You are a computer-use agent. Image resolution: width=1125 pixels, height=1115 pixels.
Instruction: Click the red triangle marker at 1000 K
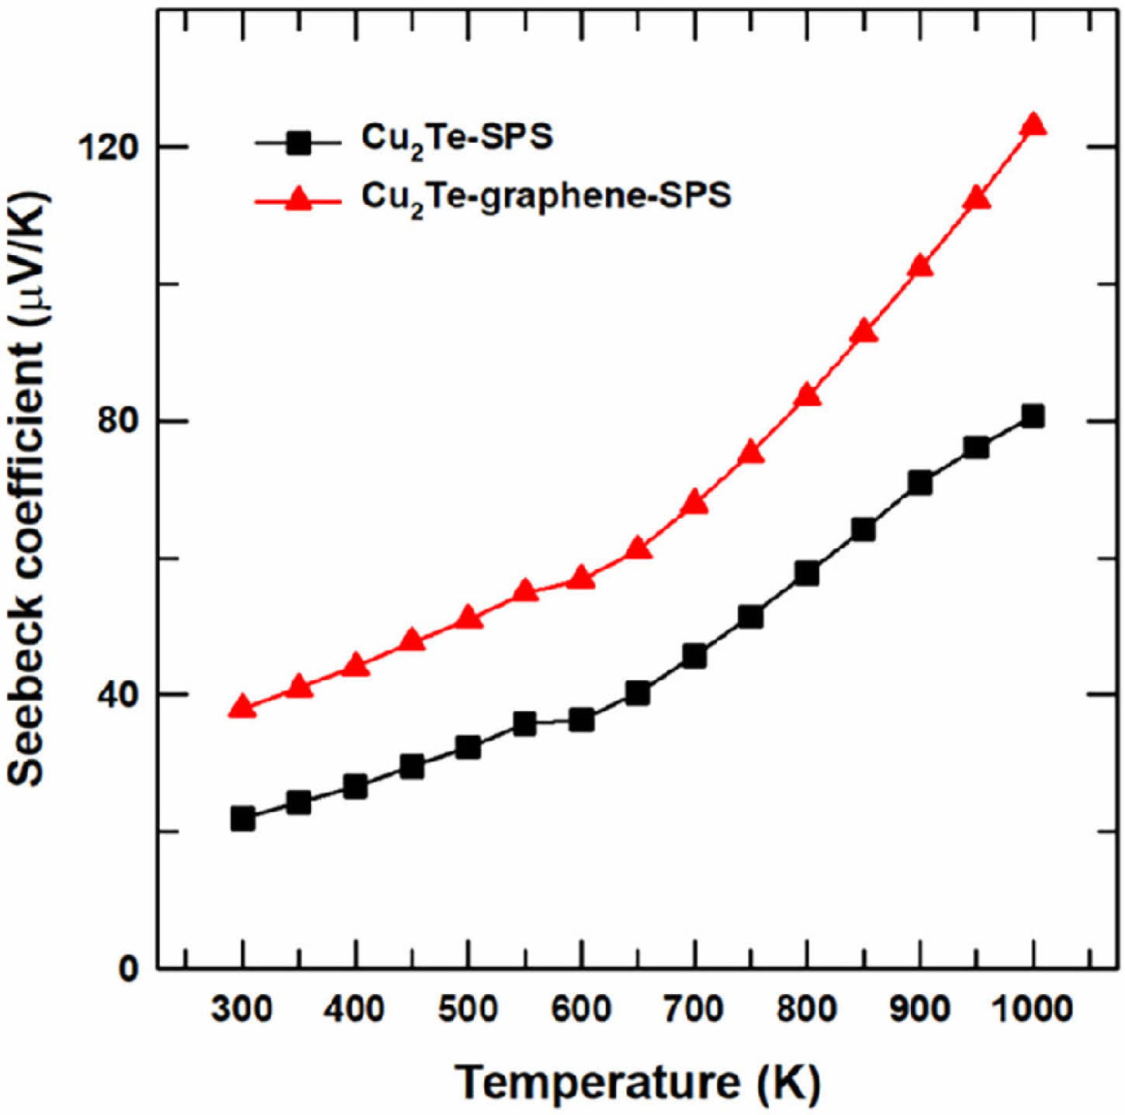tap(1033, 126)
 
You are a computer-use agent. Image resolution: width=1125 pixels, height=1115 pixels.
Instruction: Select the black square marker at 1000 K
tap(1033, 416)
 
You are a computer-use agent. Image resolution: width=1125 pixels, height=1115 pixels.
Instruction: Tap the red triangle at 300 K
tap(242, 707)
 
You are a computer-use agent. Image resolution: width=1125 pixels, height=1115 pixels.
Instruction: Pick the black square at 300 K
tap(242, 819)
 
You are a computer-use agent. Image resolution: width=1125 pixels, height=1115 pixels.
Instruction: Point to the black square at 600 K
tap(581, 720)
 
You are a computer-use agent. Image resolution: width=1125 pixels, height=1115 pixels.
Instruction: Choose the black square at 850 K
tap(864, 530)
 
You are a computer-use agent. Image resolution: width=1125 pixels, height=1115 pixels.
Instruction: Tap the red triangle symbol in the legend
tap(298, 201)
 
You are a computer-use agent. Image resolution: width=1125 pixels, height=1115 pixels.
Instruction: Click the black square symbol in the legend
tap(298, 143)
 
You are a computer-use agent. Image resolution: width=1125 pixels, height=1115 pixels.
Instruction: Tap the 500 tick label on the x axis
tap(468, 1009)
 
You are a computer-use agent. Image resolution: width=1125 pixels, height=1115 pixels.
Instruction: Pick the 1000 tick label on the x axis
tap(1032, 1009)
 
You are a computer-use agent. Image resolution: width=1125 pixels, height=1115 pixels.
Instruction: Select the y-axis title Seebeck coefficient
tap(28, 488)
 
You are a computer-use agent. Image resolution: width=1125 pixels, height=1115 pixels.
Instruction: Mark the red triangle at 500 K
tap(468, 618)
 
